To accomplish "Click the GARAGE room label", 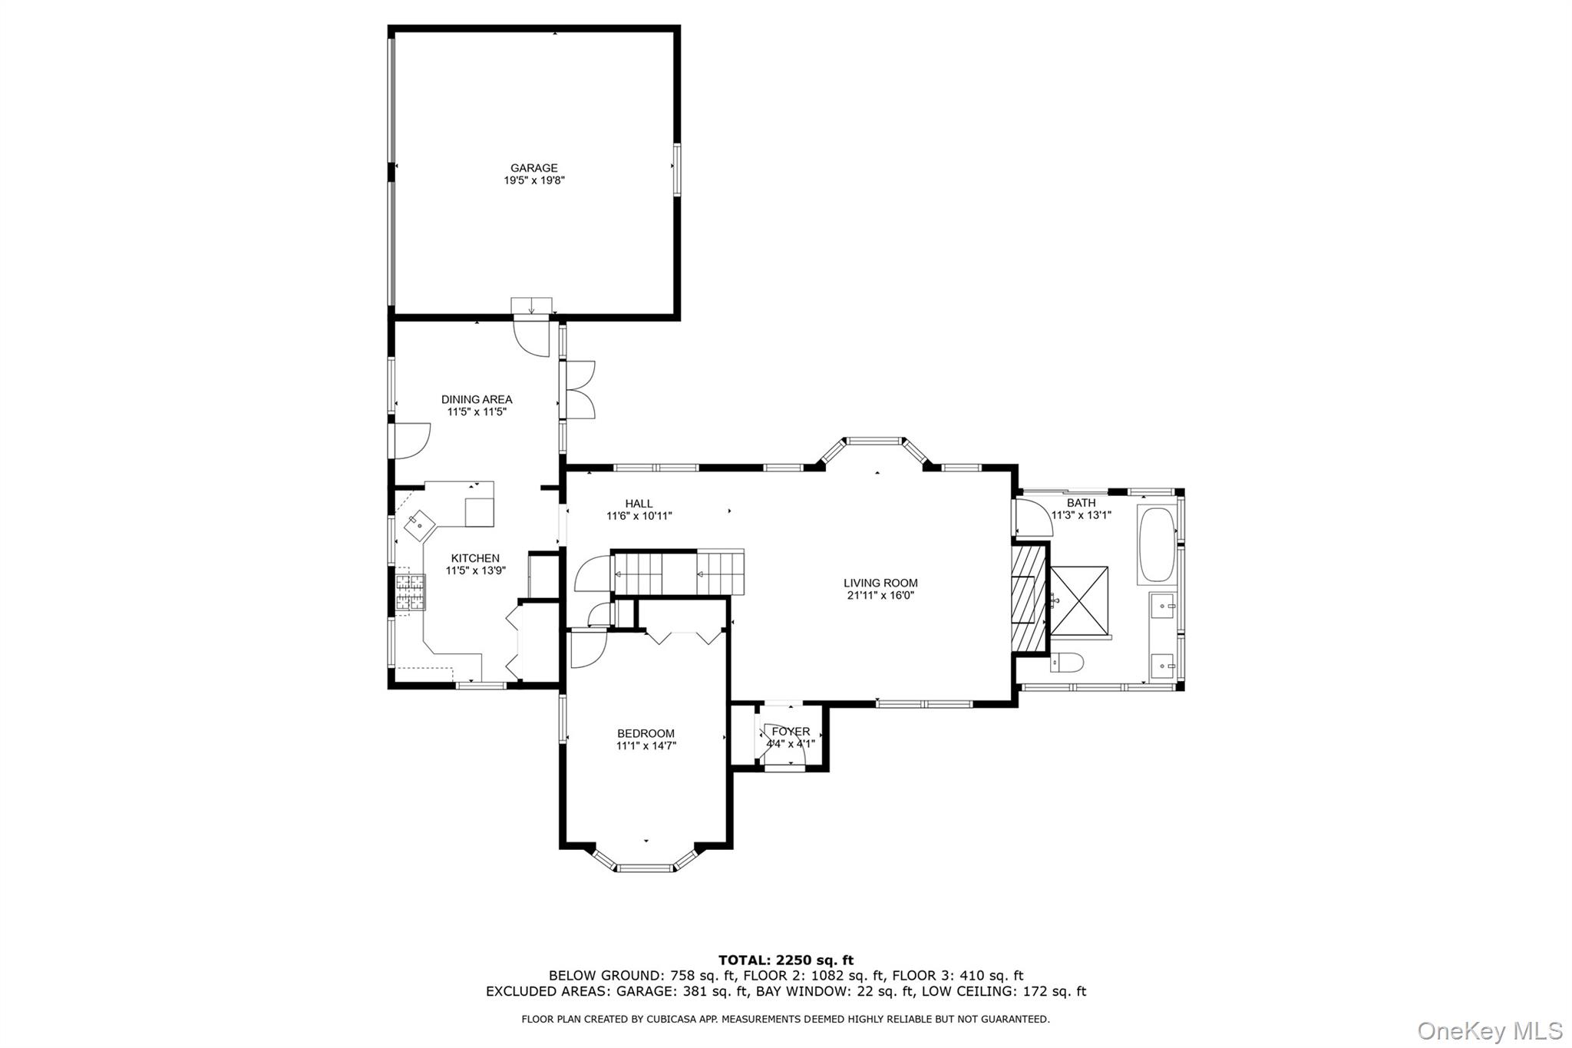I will pos(534,168).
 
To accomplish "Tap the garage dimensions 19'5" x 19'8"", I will pos(534,180).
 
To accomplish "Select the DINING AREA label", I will pos(477,399).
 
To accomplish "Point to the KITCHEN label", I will pos(475,558).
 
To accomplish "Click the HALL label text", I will pos(639,504).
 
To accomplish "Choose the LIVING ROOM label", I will pos(880,583).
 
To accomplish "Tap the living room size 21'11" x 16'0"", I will pos(880,595).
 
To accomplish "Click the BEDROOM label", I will pos(646,733).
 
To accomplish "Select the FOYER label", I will pos(791,732).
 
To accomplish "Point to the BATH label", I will pos(1081,503).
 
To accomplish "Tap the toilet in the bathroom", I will pos(1067,662).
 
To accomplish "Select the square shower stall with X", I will pos(1079,601).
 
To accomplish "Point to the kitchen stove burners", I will pos(411,592).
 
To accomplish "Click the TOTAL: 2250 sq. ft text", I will pos(785,960).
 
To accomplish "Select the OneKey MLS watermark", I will pos(1489,1030).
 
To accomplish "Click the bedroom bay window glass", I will pos(646,868).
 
